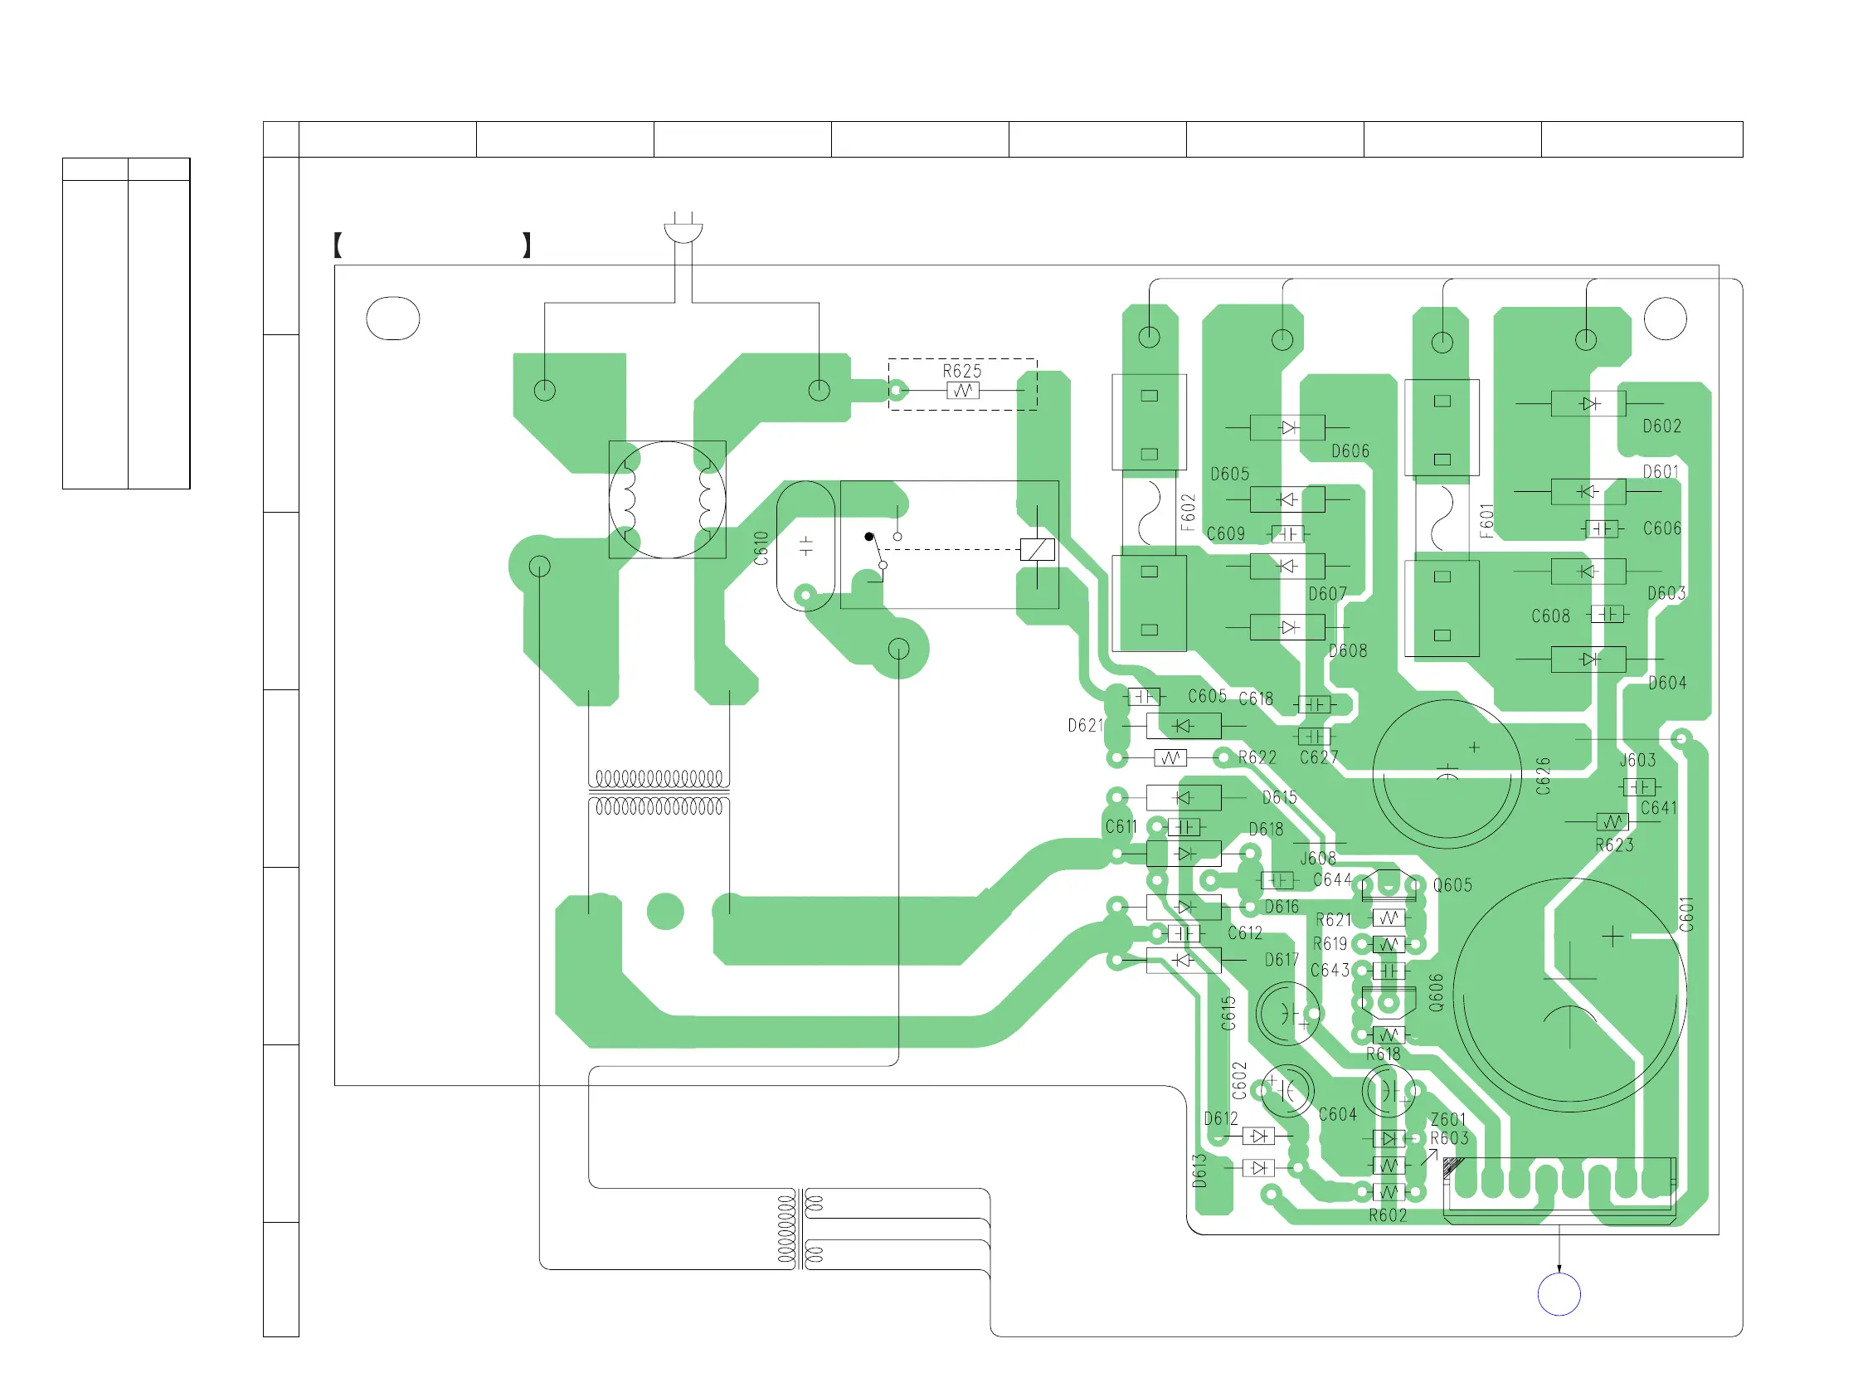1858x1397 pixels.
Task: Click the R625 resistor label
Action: [x=961, y=372]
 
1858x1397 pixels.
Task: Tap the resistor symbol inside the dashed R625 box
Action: [x=963, y=391]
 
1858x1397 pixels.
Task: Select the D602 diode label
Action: [x=1662, y=426]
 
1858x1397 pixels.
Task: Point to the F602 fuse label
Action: [x=1188, y=513]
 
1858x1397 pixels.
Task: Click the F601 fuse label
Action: [x=1487, y=521]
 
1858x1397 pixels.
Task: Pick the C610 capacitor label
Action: [x=761, y=548]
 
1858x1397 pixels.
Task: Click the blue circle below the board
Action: [x=1559, y=1294]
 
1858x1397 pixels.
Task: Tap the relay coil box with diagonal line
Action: [x=1038, y=549]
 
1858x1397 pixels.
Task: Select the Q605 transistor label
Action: [x=1452, y=885]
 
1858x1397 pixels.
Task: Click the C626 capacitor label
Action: [x=1543, y=776]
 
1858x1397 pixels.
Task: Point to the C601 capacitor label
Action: [x=1685, y=915]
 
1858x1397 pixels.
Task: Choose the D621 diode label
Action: [x=1085, y=726]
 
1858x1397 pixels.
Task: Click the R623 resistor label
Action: [x=1614, y=845]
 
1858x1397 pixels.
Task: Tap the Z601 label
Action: [x=1448, y=1120]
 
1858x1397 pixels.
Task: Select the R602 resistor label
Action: [x=1388, y=1215]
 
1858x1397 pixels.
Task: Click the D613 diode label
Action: [x=1199, y=1171]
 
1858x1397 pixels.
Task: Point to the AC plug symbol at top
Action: [x=683, y=229]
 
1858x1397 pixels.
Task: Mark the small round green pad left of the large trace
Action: [x=665, y=912]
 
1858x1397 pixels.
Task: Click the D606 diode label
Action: [x=1350, y=452]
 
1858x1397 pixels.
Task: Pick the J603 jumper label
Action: [x=1638, y=760]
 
